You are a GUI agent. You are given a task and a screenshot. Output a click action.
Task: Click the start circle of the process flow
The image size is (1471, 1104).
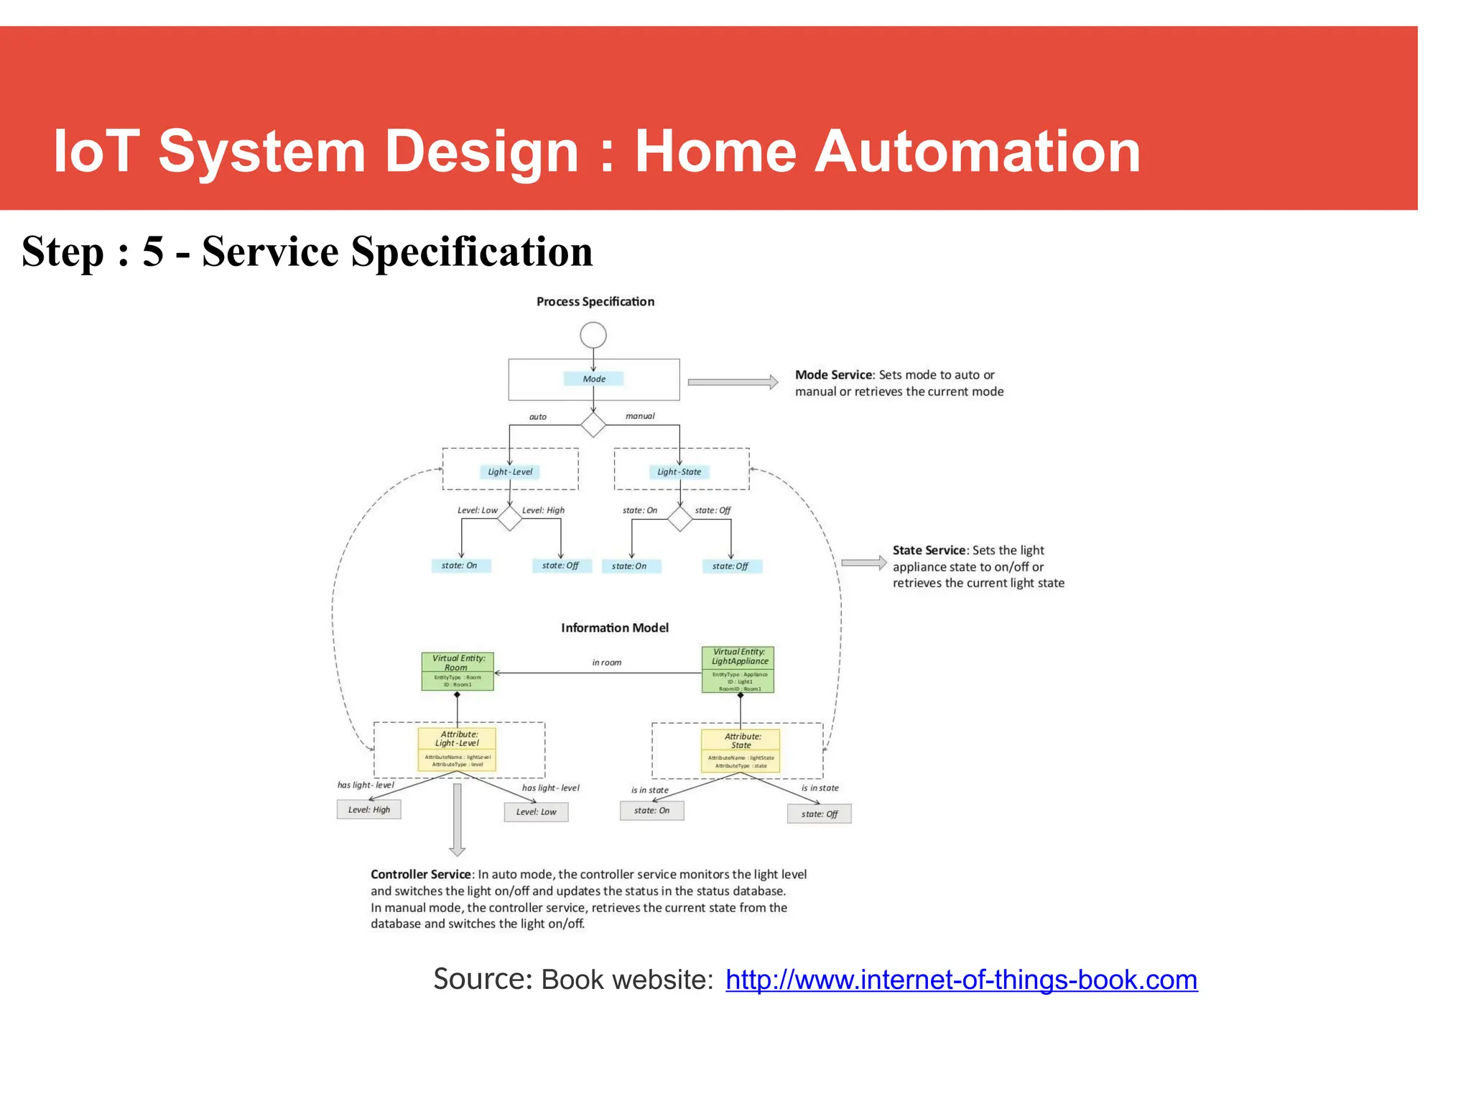[593, 335]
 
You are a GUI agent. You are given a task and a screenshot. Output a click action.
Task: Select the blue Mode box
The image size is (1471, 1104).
[593, 379]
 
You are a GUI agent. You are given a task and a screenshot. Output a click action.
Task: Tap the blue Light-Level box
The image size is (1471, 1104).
[510, 472]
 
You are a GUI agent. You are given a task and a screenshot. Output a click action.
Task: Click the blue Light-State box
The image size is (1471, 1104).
[679, 472]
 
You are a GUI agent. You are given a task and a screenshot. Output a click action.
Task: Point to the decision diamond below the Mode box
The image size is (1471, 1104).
[593, 425]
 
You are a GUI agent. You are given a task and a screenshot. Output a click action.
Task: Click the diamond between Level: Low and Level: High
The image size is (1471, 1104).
[509, 518]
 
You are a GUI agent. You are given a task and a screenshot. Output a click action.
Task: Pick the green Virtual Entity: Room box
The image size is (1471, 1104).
[458, 671]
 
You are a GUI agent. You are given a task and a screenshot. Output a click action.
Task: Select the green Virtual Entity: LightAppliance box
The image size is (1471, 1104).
[738, 670]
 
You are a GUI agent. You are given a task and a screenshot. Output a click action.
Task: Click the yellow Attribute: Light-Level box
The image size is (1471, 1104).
[457, 749]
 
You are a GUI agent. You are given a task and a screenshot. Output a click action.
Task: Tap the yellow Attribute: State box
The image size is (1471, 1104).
[741, 751]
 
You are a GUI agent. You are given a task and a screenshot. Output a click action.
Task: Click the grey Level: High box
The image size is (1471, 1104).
[368, 810]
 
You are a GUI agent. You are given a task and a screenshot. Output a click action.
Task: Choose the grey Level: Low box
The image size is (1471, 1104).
[536, 812]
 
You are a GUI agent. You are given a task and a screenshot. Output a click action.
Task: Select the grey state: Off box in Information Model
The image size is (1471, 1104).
[819, 814]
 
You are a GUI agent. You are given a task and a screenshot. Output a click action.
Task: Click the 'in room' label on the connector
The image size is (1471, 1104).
[606, 663]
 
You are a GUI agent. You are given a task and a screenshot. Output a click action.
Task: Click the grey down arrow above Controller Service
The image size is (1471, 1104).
[457, 820]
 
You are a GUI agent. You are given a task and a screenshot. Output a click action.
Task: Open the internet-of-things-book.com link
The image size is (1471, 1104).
[961, 980]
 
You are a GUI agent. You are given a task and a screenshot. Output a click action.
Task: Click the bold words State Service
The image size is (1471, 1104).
[929, 551]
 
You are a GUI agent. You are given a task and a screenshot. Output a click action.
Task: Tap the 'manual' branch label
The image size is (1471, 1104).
[640, 416]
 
